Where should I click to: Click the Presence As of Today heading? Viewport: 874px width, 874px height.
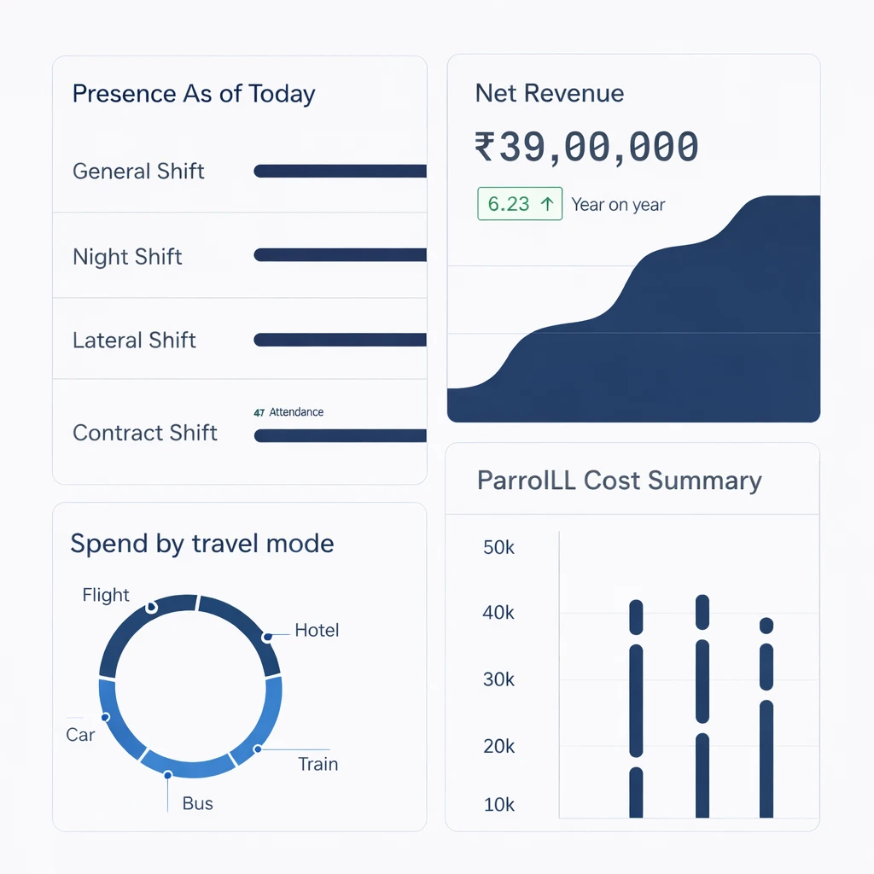pyautogui.click(x=194, y=94)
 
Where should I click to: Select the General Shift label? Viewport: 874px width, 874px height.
pyautogui.click(x=138, y=172)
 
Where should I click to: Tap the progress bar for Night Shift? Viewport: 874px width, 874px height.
pyautogui.click(x=340, y=254)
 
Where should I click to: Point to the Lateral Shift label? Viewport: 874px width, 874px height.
pyautogui.click(x=134, y=341)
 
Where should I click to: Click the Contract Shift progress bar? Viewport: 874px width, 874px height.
pyautogui.click(x=340, y=436)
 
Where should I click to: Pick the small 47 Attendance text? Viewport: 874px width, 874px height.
pyautogui.click(x=288, y=412)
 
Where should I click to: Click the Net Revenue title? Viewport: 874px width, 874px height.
pyautogui.click(x=549, y=94)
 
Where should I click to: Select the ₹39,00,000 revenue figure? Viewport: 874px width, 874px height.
pyautogui.click(x=586, y=147)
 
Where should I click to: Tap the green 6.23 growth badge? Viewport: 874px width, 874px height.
pyautogui.click(x=520, y=205)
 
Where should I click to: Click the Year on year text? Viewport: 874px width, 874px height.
pyautogui.click(x=618, y=205)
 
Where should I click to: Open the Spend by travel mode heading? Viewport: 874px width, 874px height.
pyautogui.click(x=201, y=544)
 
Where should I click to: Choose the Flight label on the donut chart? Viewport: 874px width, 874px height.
pyautogui.click(x=106, y=595)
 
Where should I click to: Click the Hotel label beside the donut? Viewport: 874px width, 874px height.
pyautogui.click(x=317, y=631)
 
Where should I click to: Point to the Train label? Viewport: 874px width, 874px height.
pyautogui.click(x=318, y=764)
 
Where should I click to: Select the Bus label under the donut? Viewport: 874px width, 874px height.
pyautogui.click(x=198, y=803)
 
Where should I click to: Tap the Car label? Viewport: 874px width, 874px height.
pyautogui.click(x=80, y=735)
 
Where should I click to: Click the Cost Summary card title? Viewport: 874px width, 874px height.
pyautogui.click(x=619, y=481)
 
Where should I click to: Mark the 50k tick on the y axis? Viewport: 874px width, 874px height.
pyautogui.click(x=498, y=548)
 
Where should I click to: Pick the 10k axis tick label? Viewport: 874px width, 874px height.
pyautogui.click(x=498, y=805)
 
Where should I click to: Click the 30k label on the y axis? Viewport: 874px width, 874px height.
pyautogui.click(x=498, y=680)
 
